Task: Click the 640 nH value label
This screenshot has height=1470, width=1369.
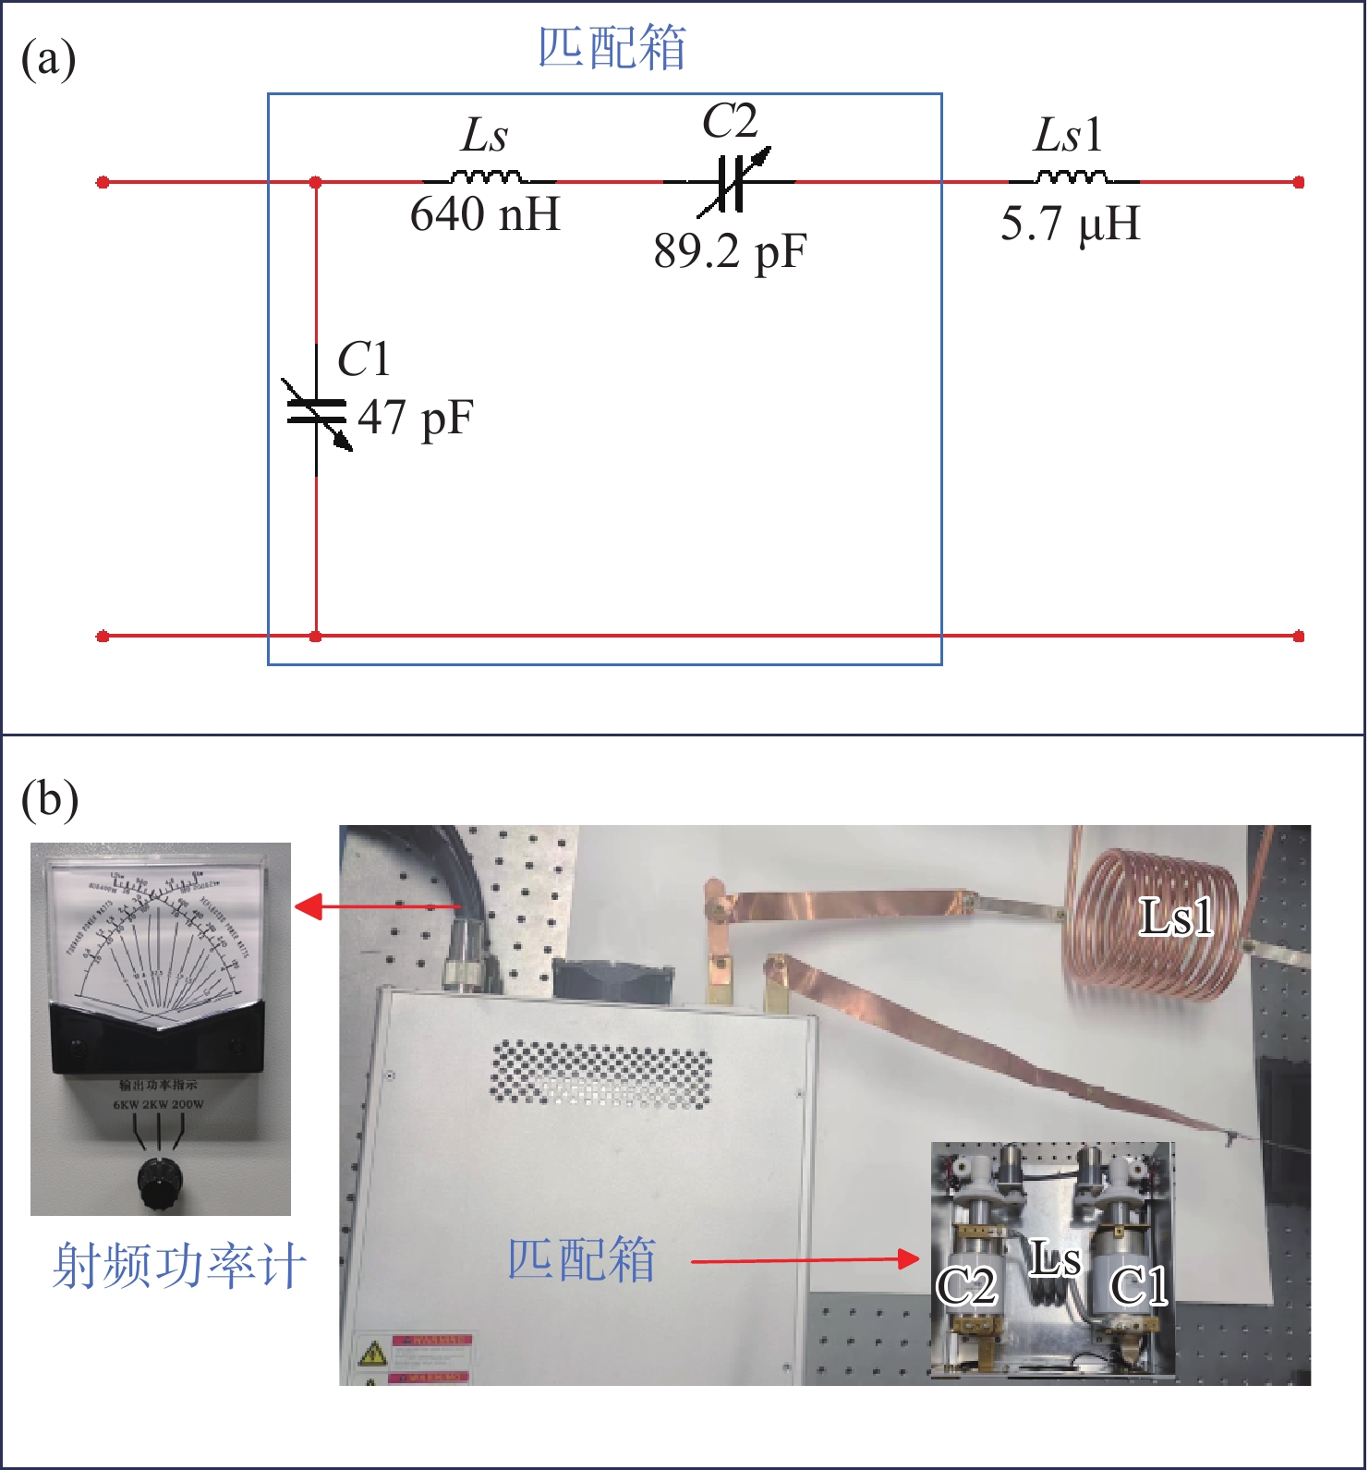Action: pos(485,215)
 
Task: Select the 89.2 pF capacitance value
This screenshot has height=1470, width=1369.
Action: pos(730,251)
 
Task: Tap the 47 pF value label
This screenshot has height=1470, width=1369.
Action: pos(416,418)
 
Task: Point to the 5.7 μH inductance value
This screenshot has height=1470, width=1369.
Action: pos(1071,225)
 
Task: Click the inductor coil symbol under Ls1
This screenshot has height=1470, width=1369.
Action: pos(1072,177)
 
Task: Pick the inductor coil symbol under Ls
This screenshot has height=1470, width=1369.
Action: pos(486,177)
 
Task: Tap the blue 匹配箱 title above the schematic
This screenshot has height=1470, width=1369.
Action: pos(612,48)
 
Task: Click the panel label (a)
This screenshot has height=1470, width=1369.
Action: pos(48,60)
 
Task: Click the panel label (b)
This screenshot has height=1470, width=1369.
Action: pos(49,799)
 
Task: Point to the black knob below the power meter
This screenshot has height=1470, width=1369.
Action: pos(159,1180)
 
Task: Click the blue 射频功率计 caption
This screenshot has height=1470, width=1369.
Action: pos(179,1266)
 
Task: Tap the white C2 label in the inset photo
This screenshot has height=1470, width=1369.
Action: pos(966,1286)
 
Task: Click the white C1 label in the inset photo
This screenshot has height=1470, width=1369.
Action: pos(1139,1286)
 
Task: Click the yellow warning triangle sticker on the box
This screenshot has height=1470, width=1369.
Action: pos(373,1355)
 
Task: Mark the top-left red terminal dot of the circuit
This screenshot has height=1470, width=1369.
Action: pos(103,182)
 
